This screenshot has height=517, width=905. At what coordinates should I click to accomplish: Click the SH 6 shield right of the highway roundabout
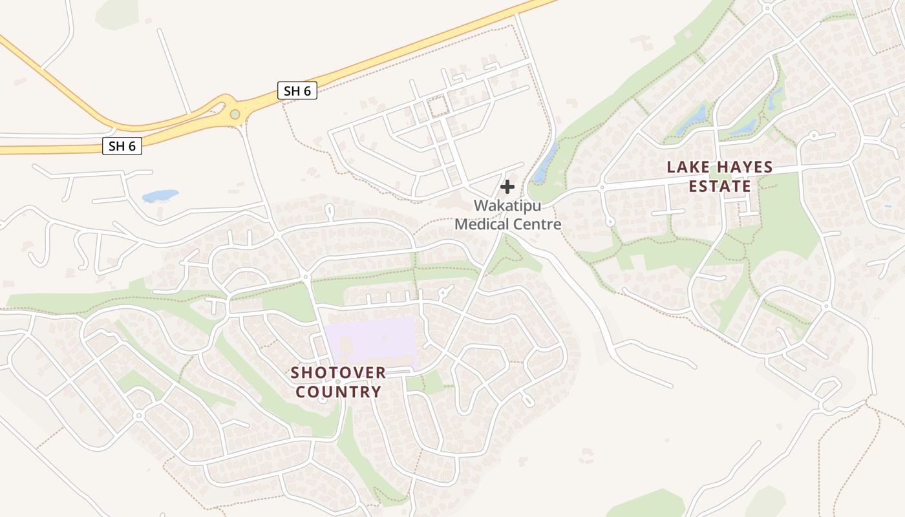pyautogui.click(x=297, y=90)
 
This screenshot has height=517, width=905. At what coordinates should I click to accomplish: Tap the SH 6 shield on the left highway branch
pyautogui.click(x=122, y=146)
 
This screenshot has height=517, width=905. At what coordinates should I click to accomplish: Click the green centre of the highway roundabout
pyautogui.click(x=235, y=114)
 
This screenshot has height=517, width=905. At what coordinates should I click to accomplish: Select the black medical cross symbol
pyautogui.click(x=507, y=187)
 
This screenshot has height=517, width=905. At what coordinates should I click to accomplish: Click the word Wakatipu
pyautogui.click(x=507, y=206)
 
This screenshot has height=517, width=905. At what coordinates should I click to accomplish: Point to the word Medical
pyautogui.click(x=482, y=225)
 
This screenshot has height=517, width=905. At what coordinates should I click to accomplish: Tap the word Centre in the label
pyautogui.click(x=536, y=225)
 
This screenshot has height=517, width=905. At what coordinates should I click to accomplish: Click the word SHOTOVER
pyautogui.click(x=338, y=373)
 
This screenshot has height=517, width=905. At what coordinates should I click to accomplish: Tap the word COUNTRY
pyautogui.click(x=338, y=392)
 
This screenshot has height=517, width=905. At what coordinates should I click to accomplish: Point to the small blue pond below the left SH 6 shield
pyautogui.click(x=160, y=195)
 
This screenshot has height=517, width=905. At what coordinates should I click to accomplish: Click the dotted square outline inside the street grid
pyautogui.click(x=438, y=106)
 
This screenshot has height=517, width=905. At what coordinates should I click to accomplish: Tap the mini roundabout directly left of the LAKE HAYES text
pyautogui.click(x=602, y=187)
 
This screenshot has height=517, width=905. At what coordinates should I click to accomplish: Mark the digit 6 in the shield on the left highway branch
pyautogui.click(x=131, y=146)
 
